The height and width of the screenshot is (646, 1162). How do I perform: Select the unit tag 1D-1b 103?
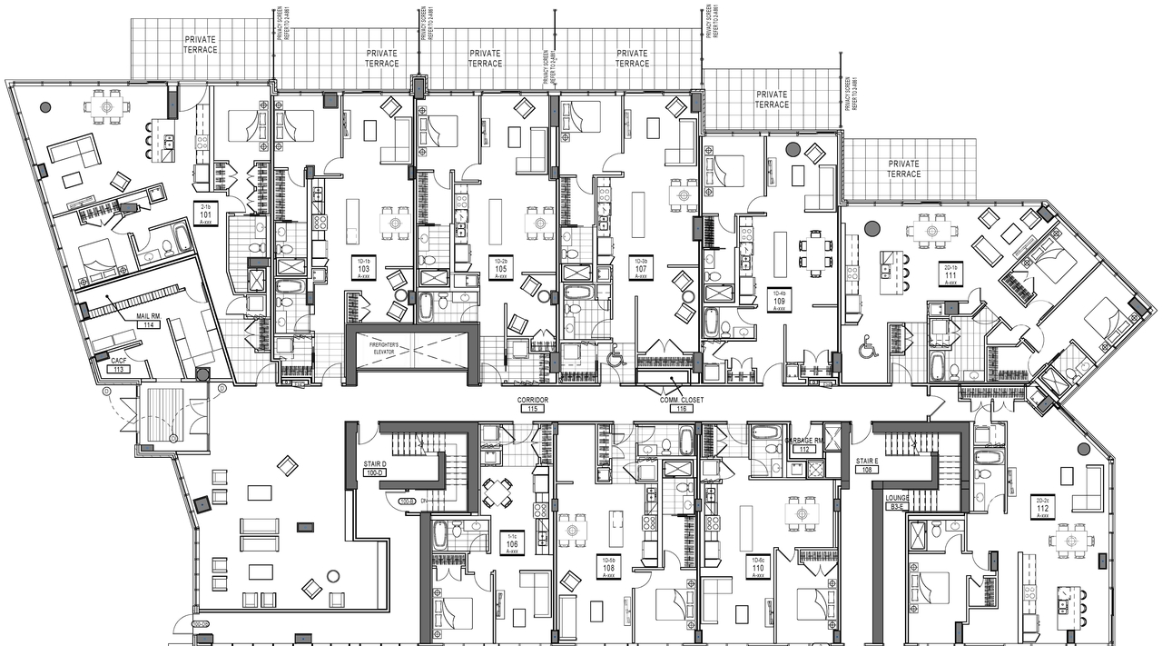363,267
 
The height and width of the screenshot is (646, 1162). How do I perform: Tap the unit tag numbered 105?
500,267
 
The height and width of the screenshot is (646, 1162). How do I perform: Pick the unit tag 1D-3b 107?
641,267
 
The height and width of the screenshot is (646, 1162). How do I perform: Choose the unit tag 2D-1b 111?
950,274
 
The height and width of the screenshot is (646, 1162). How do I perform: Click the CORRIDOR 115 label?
533,404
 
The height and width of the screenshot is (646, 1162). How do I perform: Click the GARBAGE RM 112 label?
803,444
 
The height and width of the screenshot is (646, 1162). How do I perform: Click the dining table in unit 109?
813,250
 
